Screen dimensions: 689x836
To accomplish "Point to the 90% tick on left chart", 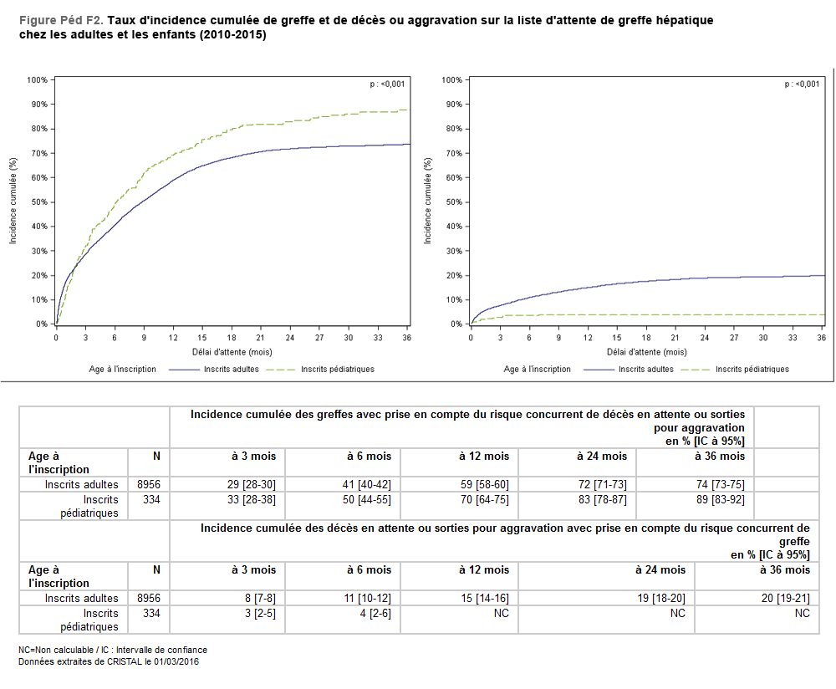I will (38, 105).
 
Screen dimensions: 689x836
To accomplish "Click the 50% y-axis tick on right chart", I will (452, 202).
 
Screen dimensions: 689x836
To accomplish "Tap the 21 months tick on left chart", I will (260, 338).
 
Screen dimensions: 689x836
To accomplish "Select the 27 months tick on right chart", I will (734, 338).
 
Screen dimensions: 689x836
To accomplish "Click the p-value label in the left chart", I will (387, 84).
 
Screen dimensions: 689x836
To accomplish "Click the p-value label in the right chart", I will (802, 84).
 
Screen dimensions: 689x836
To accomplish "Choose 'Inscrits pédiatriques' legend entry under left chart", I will (337, 369).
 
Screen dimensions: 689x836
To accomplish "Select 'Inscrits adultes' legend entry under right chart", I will (645, 369).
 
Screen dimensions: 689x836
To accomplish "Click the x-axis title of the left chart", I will (231, 352).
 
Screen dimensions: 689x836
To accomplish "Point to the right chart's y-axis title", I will (427, 202).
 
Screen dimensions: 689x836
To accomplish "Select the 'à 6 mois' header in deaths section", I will (369, 569).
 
